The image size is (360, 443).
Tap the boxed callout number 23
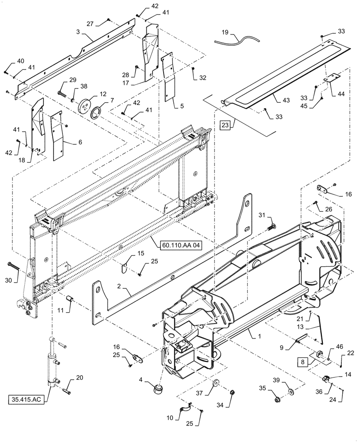[x=225, y=125]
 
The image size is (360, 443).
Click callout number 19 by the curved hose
[x=225, y=32]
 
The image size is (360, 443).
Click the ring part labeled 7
[x=98, y=112]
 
